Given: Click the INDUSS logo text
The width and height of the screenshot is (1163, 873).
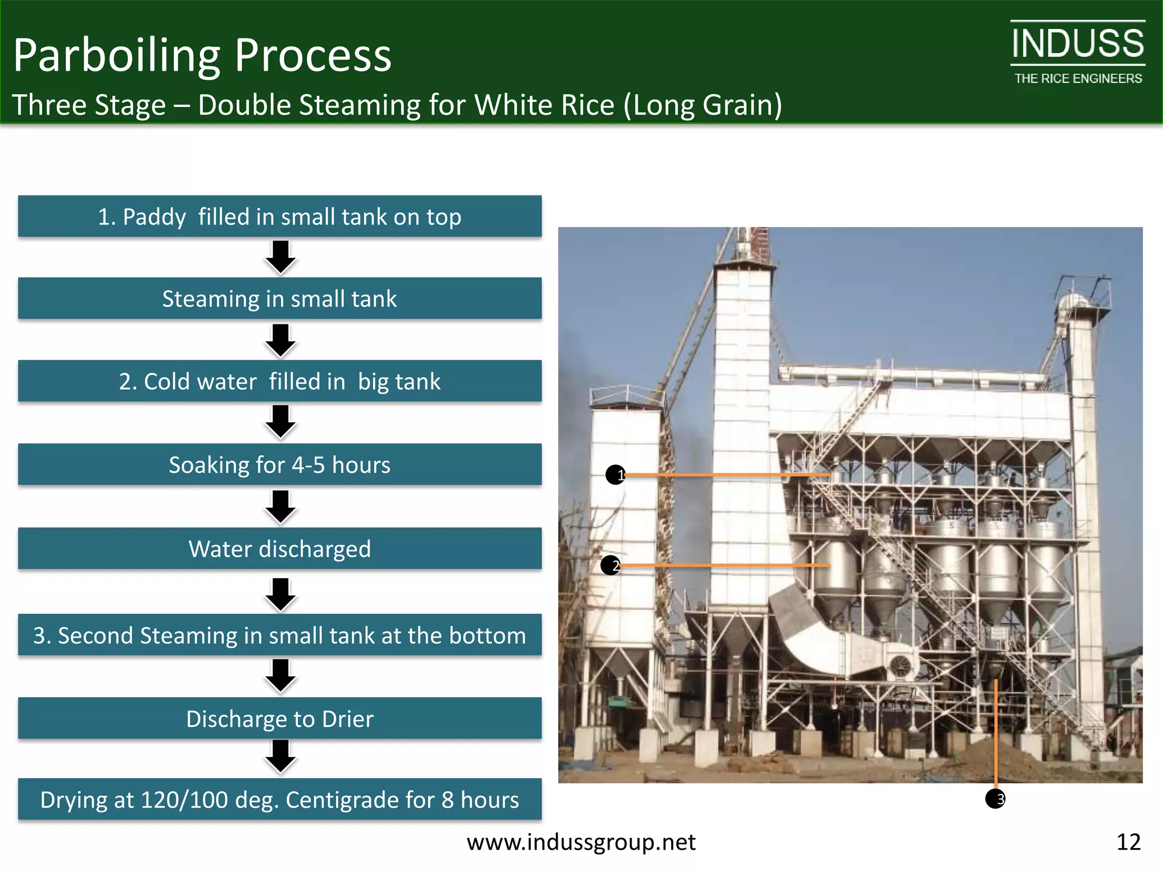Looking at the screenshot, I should point(1077,44).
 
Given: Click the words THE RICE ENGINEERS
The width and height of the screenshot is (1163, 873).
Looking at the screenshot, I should point(1078,78).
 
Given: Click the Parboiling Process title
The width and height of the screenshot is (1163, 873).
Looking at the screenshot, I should point(202,55).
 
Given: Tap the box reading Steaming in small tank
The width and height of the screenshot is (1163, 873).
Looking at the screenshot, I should point(279,298).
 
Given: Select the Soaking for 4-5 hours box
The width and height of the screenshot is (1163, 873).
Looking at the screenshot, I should point(279,464).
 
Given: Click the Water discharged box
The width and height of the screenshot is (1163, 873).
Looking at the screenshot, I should point(279,548).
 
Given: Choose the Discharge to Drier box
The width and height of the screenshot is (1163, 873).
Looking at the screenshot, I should point(279,718).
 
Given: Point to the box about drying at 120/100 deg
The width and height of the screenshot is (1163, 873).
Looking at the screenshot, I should point(279,799).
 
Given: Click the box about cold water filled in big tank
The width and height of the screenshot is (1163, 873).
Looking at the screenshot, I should point(279,381).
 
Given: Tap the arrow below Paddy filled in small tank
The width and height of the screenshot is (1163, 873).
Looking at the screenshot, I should point(281,257).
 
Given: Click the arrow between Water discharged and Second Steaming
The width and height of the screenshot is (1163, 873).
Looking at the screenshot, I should point(281,594).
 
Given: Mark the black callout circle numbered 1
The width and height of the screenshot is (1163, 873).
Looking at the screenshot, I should point(615,475).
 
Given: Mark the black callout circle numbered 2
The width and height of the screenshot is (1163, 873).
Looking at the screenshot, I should point(610,566).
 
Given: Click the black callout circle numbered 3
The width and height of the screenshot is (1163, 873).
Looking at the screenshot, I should point(995,799).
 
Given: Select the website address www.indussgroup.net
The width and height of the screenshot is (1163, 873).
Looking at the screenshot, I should point(581,842).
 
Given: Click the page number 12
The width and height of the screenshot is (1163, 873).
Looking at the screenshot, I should point(1128,842).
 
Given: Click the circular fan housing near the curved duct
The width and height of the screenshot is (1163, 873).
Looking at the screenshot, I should point(900,665).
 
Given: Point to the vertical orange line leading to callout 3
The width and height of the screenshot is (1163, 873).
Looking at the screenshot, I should point(996,733).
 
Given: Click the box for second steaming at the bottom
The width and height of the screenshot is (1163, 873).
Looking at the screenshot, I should point(279,635).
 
